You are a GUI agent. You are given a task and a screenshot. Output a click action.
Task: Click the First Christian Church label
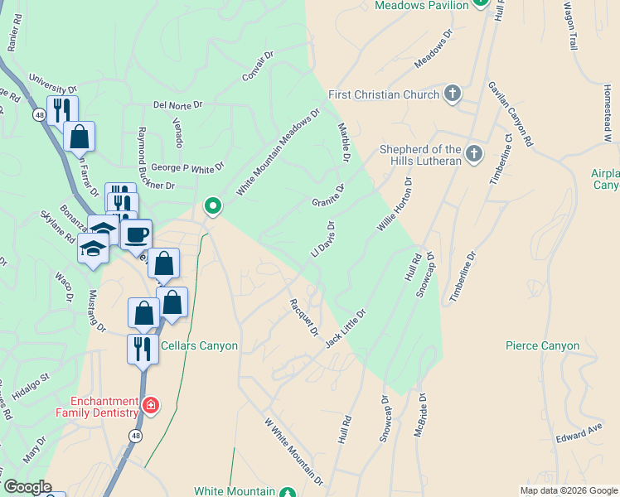[383, 94]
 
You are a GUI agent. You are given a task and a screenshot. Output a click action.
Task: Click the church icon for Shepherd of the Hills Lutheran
[473, 153]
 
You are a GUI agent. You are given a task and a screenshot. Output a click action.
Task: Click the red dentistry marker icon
[151, 405]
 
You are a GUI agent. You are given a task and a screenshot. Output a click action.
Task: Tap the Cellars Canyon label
[200, 346]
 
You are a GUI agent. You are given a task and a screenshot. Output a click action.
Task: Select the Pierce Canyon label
[543, 345]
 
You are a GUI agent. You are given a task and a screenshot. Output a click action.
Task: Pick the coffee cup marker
[136, 234]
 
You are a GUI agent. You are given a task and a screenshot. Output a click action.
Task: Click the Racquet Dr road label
[302, 318]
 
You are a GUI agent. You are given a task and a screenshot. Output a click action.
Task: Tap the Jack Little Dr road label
[346, 327]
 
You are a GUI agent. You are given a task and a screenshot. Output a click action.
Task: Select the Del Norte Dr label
[178, 105]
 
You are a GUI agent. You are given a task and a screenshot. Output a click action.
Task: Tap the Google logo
[27, 488]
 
